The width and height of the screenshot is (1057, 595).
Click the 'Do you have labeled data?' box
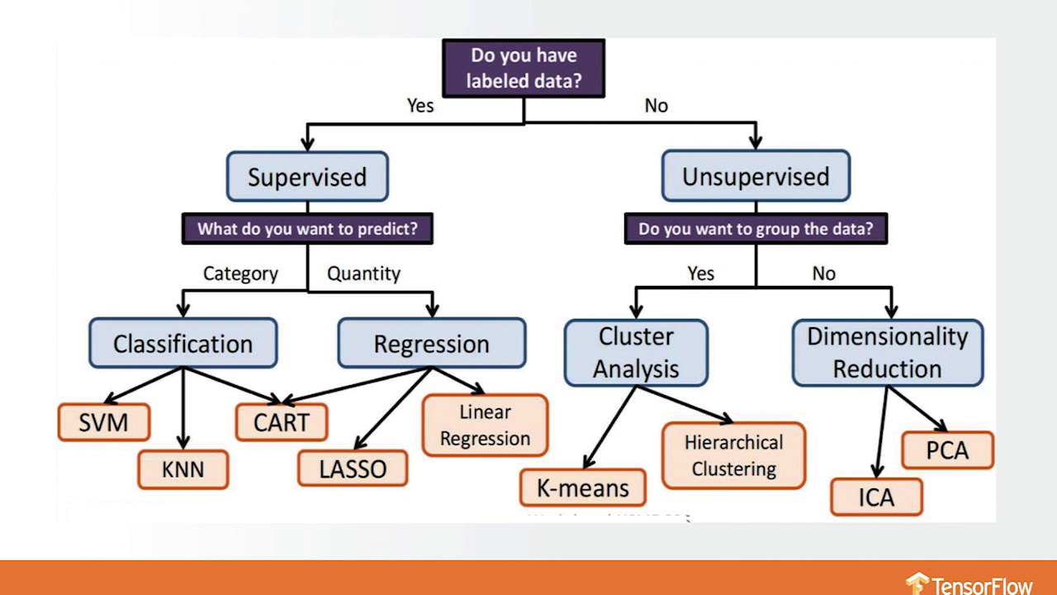(524, 69)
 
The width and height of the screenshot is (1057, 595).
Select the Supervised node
(307, 177)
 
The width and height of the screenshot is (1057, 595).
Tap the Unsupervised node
(756, 176)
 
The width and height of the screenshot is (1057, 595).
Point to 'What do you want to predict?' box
(307, 229)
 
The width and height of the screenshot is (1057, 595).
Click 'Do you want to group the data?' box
(756, 229)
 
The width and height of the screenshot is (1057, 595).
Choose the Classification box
(183, 344)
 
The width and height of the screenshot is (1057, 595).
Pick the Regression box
(432, 344)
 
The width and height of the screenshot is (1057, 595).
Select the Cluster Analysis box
(636, 353)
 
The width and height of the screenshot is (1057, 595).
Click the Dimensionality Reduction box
(888, 353)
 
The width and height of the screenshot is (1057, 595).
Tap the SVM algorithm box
(104, 422)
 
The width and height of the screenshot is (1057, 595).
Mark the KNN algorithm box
(182, 469)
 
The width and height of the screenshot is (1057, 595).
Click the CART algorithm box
(282, 422)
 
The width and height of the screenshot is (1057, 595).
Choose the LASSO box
(353, 469)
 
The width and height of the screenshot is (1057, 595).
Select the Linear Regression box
(486, 426)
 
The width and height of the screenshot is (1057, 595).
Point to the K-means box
(583, 488)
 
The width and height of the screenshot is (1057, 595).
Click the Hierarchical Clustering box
(734, 455)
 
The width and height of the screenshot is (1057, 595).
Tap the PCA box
(947, 451)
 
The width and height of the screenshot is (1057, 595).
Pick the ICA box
(876, 497)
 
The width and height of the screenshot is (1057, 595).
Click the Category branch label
(240, 274)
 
